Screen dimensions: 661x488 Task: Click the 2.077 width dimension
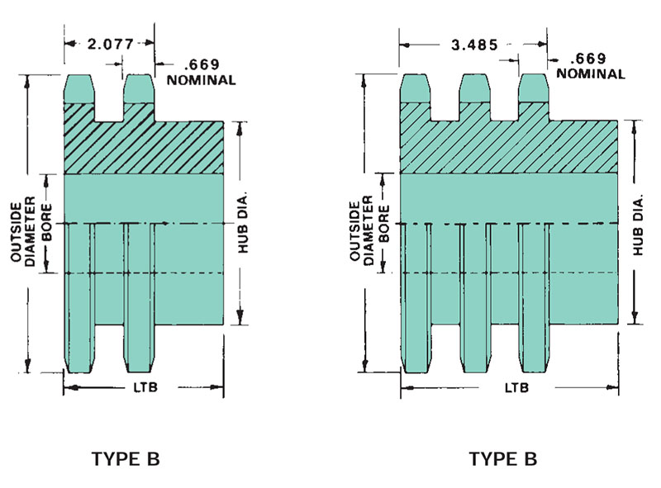[111, 44]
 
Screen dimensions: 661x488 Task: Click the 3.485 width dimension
[474, 45]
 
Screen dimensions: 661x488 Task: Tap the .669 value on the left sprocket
[202, 64]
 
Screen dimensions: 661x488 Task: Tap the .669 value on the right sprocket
[588, 58]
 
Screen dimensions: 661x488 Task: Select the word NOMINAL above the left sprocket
[201, 79]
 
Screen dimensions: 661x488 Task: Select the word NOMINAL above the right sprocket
[590, 73]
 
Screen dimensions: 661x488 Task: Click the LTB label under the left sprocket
[145, 387]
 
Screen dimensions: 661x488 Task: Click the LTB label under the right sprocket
[517, 387]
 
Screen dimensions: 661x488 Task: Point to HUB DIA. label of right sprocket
[638, 225]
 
